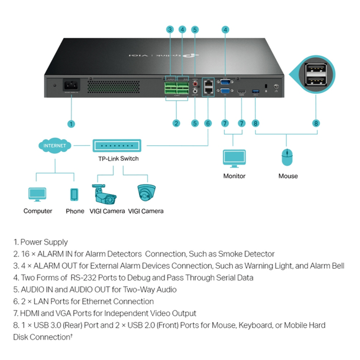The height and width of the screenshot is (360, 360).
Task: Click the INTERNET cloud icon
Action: (54, 146)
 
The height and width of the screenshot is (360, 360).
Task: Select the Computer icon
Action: (37, 195)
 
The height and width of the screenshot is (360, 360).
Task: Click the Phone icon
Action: (74, 195)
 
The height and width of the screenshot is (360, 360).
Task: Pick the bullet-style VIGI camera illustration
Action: (104, 194)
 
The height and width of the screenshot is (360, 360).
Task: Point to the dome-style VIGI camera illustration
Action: (146, 194)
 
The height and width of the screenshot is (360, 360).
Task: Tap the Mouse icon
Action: (287, 158)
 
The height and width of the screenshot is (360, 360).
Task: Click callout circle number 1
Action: (71, 124)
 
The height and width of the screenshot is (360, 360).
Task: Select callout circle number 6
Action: (208, 124)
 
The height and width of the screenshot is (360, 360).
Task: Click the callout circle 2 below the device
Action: (176, 124)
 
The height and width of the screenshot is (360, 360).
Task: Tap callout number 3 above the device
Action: (169, 29)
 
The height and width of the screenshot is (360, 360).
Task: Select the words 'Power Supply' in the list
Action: (44, 242)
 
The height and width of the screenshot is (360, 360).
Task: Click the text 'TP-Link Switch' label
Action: (118, 159)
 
